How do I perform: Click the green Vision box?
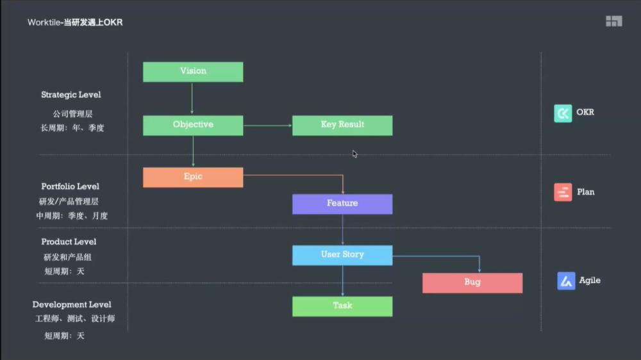coord(193,72)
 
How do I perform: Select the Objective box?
coord(193,126)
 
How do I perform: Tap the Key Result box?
coord(342,126)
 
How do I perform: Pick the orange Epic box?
coord(193,177)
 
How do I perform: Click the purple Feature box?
coord(342,204)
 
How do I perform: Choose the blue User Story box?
coord(342,255)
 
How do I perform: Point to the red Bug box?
coord(472,282)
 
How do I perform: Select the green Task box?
coord(342,306)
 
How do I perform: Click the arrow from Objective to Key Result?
coord(268,126)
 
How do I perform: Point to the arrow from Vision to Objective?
coord(192,98)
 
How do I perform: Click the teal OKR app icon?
coord(563,113)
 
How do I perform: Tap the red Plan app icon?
coord(563,192)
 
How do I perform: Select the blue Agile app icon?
coord(566,281)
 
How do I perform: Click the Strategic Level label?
coord(71,95)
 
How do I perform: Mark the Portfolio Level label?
coord(71,186)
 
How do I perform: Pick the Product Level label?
coord(69,241)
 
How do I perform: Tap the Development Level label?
coord(72,304)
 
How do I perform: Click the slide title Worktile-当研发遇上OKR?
coord(75,22)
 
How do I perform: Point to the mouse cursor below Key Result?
coord(355,154)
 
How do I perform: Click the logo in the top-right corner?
coord(613,21)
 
